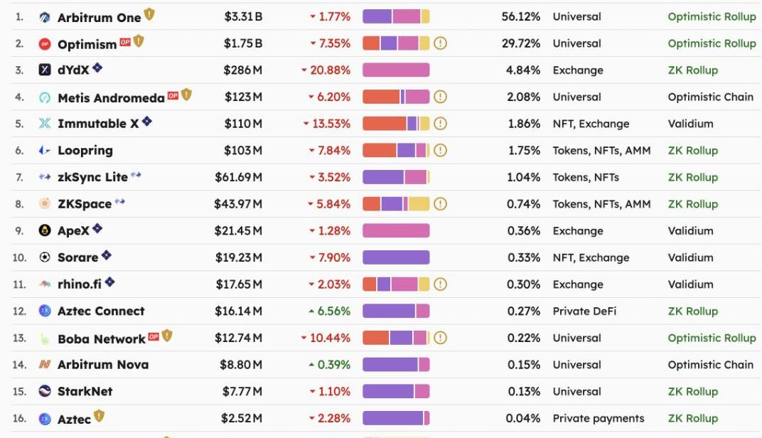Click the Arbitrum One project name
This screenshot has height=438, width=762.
pyautogui.click(x=99, y=17)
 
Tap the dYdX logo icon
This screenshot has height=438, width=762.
pyautogui.click(x=45, y=70)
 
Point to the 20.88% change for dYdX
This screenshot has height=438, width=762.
pyautogui.click(x=326, y=70)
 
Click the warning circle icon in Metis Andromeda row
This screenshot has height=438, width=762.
pyautogui.click(x=440, y=97)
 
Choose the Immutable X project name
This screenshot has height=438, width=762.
pyautogui.click(x=98, y=124)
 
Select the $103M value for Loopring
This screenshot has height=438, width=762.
pyautogui.click(x=243, y=151)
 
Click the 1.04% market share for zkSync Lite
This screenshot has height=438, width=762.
pyautogui.click(x=523, y=177)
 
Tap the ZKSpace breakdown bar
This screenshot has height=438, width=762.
pyautogui.click(x=396, y=204)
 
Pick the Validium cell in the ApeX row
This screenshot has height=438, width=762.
pyautogui.click(x=690, y=231)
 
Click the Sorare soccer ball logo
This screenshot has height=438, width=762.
pyautogui.click(x=45, y=257)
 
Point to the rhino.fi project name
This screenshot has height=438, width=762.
pyautogui.click(x=80, y=284)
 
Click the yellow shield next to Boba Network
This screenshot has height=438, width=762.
pyautogui.click(x=167, y=336)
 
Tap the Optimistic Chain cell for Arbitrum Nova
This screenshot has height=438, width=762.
pyautogui.click(x=710, y=365)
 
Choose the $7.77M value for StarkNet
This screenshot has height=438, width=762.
pyautogui.click(x=242, y=392)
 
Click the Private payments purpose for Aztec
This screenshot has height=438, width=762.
pyautogui.click(x=599, y=418)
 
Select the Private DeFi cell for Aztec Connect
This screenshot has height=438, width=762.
pyautogui.click(x=584, y=311)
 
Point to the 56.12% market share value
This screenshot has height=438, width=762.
pyautogui.click(x=520, y=16)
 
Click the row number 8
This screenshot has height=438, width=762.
pyautogui.click(x=19, y=204)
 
